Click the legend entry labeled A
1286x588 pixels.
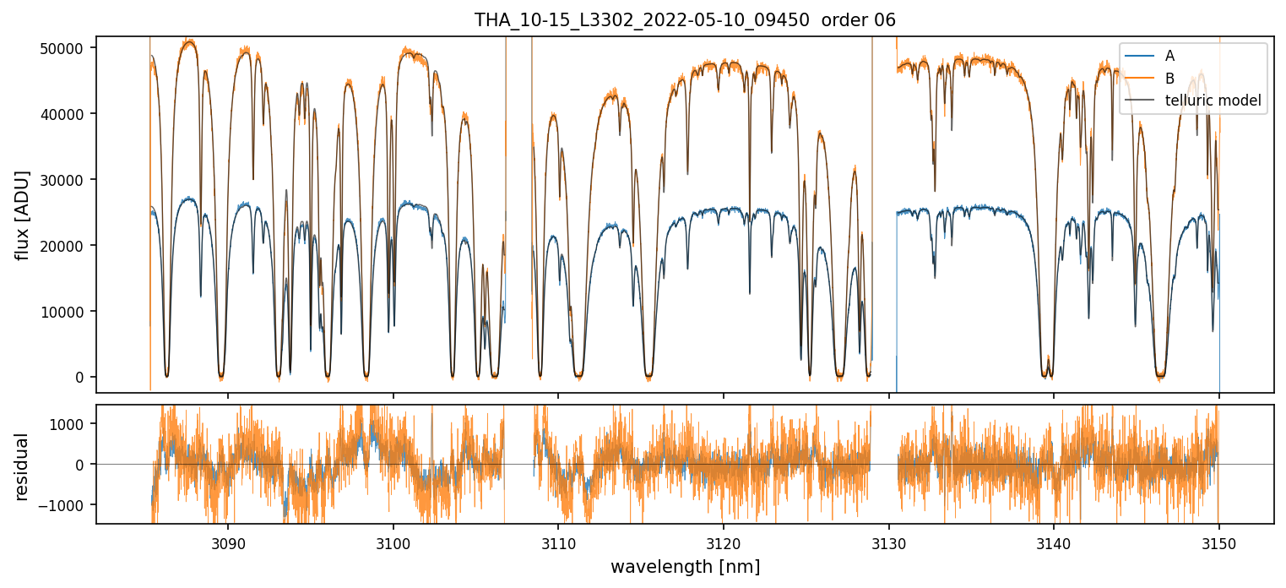coord(1169,56)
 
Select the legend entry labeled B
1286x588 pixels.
coord(1169,79)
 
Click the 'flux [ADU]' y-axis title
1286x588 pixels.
coord(23,215)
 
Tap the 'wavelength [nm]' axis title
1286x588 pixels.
coord(685,566)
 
